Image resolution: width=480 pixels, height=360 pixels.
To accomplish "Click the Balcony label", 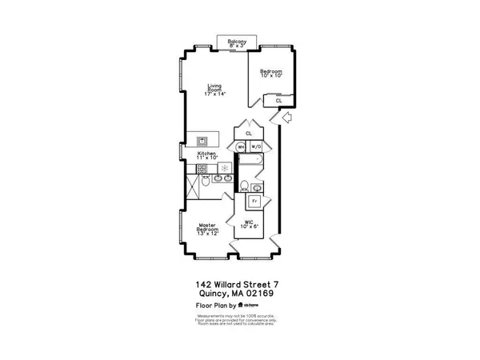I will [236, 43].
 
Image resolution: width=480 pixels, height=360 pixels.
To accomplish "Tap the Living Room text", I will [214, 90].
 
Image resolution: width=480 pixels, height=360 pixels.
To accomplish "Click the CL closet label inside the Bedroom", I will [278, 101].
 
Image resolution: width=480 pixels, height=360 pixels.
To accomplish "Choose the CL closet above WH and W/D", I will [249, 134].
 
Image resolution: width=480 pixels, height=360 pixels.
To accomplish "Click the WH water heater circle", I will [240, 147].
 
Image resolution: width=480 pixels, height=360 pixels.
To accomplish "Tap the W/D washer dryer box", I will [257, 147].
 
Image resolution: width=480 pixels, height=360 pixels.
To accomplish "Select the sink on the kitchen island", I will [202, 138].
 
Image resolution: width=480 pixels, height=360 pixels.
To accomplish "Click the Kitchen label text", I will [207, 155].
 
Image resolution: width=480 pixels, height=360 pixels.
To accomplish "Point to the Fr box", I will [255, 202].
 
